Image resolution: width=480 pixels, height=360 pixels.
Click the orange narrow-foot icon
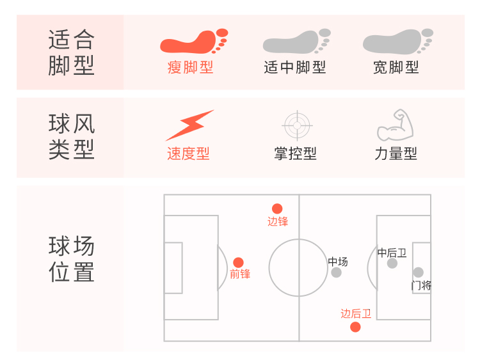[193, 42]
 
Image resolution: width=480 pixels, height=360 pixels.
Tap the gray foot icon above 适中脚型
[296, 42]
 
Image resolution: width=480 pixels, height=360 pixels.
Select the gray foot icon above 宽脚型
[397, 42]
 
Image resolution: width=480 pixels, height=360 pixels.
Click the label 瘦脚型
[190, 67]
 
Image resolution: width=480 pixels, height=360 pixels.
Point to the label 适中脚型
[295, 67]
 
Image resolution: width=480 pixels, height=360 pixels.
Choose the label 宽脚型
[396, 67]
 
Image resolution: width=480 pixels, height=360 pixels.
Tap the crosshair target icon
[296, 125]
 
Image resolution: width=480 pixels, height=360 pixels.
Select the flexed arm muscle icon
[396, 125]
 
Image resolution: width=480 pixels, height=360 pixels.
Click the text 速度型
[188, 153]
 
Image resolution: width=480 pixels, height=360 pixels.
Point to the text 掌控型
[295, 153]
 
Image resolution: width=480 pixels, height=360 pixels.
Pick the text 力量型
[396, 153]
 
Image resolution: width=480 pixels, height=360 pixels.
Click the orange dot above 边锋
[277, 208]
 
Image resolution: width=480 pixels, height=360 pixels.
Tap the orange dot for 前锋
[239, 262]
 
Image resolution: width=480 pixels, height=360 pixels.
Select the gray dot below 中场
[337, 272]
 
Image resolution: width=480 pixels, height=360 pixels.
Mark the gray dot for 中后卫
[392, 263]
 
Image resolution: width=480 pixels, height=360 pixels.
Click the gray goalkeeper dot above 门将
[418, 272]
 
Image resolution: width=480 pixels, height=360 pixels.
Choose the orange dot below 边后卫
[355, 327]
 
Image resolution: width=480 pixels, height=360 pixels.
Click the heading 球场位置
[71, 260]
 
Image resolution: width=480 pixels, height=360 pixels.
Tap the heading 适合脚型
[71, 53]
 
